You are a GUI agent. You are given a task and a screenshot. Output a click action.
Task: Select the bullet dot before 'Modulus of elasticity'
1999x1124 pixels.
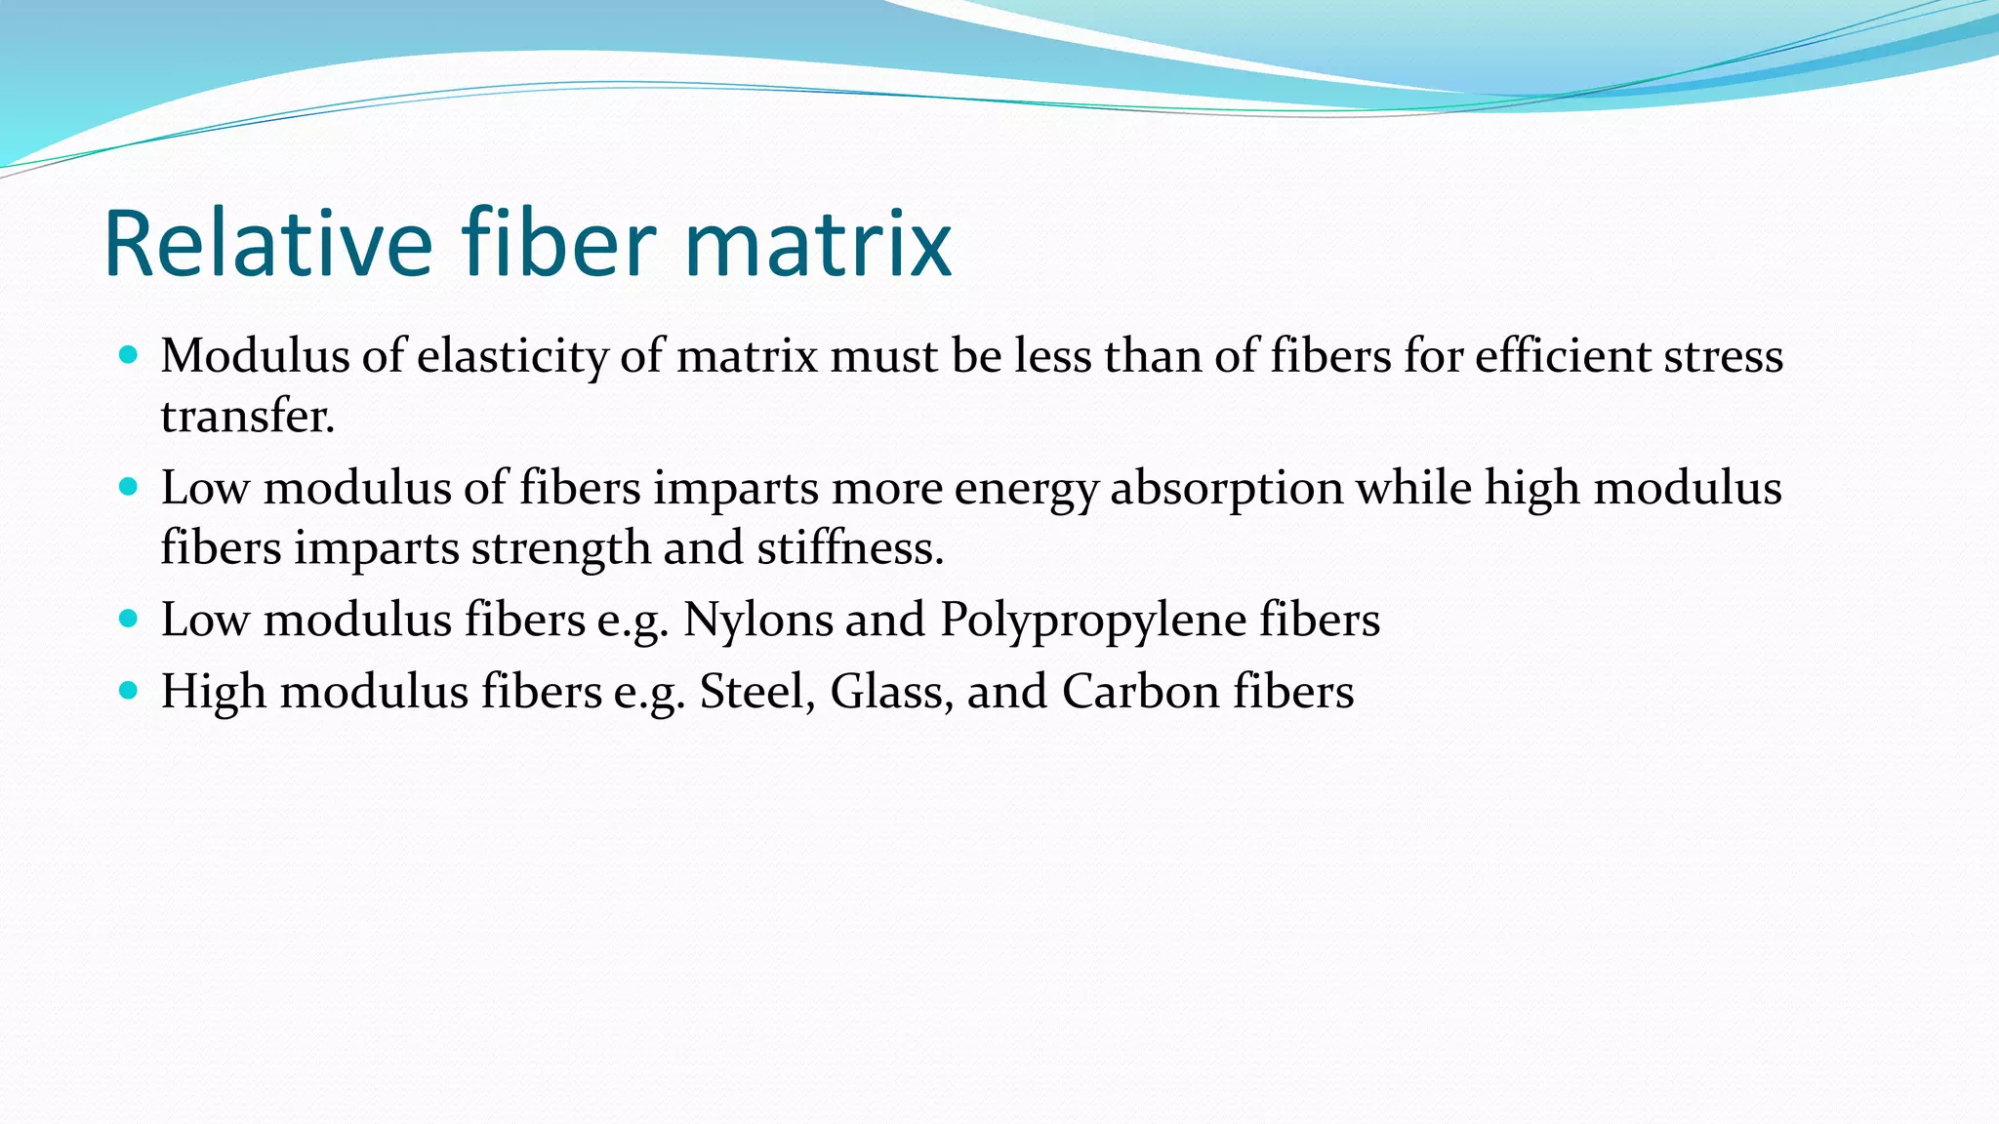click(128, 354)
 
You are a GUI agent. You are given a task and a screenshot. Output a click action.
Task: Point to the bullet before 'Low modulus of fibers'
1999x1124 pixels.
click(128, 486)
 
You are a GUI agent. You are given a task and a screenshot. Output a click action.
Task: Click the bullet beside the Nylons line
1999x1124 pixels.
click(128, 618)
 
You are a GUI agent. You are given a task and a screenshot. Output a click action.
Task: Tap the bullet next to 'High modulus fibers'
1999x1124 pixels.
click(128, 690)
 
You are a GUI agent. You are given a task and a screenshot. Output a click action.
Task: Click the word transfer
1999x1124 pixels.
click(247, 417)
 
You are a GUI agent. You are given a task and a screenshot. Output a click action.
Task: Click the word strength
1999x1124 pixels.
click(561, 548)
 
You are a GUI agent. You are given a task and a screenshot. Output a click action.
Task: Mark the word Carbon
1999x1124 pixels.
click(1140, 692)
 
